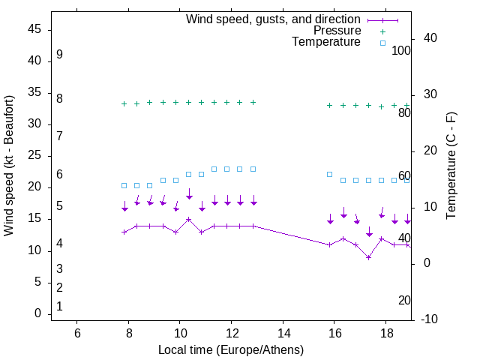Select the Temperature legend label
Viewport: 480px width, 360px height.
tap(326, 42)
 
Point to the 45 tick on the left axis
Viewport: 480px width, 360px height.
tap(34, 29)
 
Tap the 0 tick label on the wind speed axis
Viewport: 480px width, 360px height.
tap(37, 313)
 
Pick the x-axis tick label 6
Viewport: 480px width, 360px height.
tap(77, 333)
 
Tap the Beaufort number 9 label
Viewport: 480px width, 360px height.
tap(59, 55)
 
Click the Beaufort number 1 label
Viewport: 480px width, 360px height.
tap(59, 306)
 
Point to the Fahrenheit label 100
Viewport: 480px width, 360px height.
tap(401, 50)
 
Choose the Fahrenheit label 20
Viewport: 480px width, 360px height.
tap(404, 300)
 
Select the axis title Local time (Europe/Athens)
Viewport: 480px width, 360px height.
tap(231, 349)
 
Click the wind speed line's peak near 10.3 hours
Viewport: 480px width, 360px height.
tap(189, 220)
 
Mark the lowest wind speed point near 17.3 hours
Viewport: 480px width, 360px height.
tap(369, 257)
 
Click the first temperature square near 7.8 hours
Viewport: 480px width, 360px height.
tap(124, 185)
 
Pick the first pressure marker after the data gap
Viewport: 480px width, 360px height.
tap(330, 106)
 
